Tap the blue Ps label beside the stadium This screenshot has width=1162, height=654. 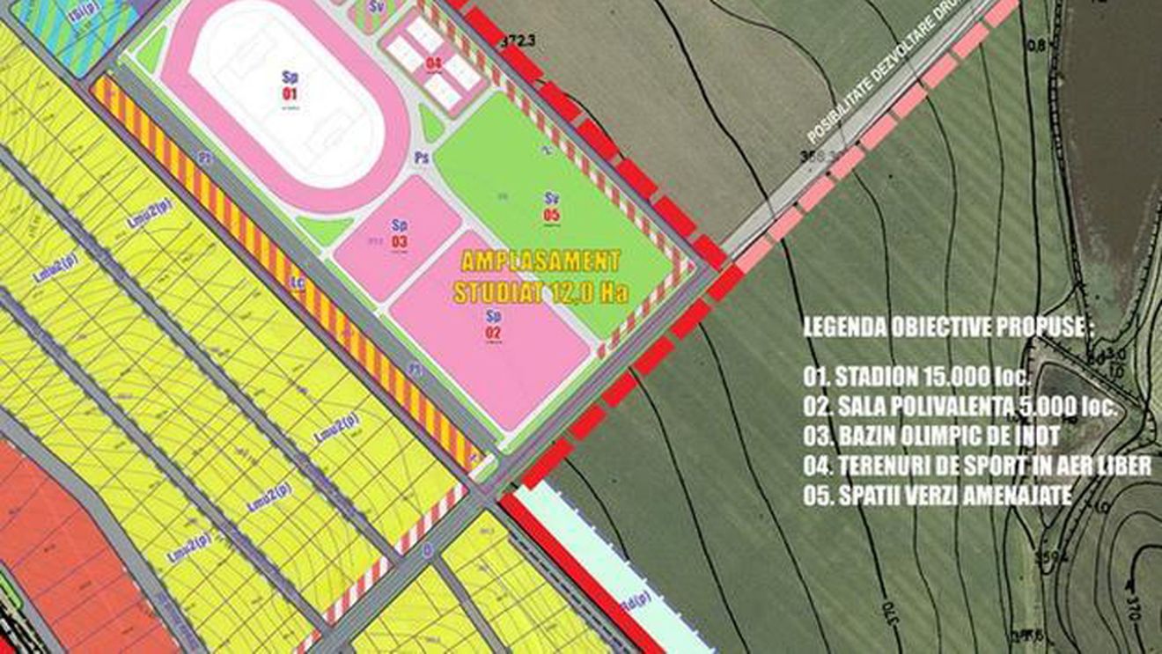[x=423, y=157]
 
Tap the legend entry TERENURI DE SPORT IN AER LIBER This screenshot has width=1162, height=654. [x=977, y=467]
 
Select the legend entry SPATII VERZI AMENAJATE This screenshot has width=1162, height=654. [x=937, y=496]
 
